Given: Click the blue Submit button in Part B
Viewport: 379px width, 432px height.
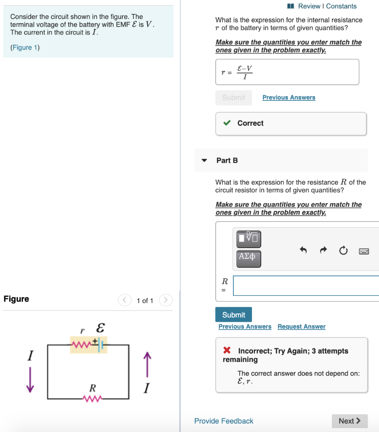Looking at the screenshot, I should click(233, 315).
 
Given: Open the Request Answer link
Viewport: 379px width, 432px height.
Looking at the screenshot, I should click(301, 327).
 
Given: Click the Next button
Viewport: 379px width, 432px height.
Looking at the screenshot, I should click(349, 421).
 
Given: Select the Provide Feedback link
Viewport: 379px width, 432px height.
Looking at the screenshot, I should click(224, 421).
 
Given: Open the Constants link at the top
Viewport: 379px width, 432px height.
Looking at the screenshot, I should click(341, 6).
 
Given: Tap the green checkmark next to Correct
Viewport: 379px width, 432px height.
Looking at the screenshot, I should click(227, 123).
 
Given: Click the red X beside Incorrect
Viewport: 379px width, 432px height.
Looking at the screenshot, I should click(227, 351).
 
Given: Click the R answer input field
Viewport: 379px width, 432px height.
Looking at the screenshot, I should click(306, 286).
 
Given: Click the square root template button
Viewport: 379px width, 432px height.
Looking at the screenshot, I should click(249, 238).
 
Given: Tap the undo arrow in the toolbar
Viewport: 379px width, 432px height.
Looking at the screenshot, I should click(303, 251).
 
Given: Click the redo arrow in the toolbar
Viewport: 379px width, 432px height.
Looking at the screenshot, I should click(323, 251).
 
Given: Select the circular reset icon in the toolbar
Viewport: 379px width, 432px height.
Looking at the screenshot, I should click(343, 251).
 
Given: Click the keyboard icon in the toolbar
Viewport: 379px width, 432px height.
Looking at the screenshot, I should click(364, 251).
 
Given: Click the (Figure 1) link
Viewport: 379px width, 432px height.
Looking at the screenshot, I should click(25, 48).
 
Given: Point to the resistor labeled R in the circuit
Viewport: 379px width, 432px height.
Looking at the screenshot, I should click(93, 398).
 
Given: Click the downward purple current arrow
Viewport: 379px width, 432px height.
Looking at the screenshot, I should click(30, 378).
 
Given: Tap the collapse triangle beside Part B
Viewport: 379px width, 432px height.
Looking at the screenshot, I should click(205, 160).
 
